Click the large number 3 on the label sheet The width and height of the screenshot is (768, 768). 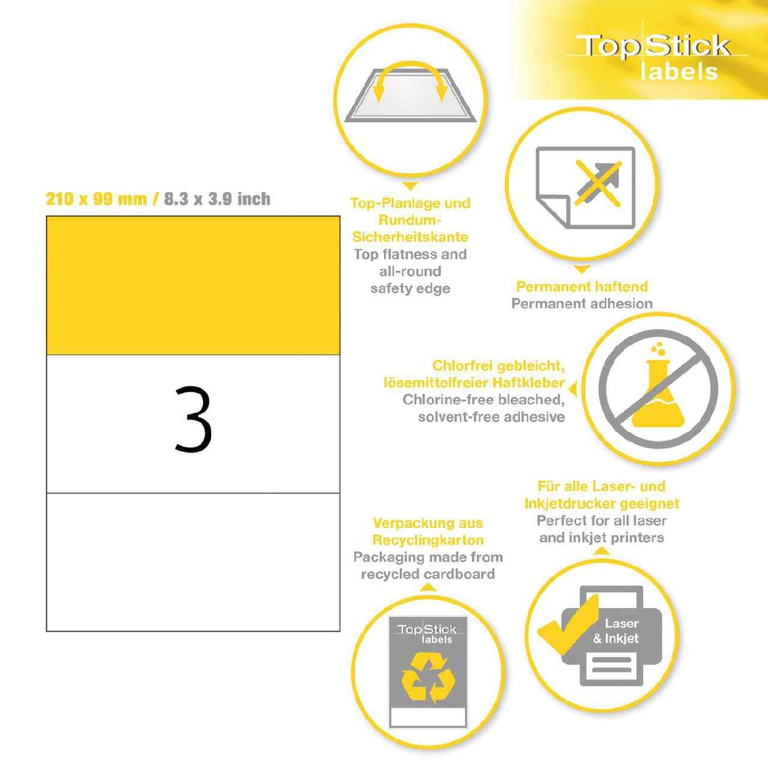[x=193, y=419]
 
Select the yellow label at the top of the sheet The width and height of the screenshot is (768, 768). [x=193, y=285]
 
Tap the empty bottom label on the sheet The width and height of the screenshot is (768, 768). [x=193, y=562]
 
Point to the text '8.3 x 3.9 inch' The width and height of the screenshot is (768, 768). [x=217, y=198]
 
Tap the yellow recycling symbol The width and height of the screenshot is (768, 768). [x=428, y=677]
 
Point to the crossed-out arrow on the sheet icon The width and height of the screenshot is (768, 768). [x=598, y=183]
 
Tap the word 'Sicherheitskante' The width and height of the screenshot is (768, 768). [x=410, y=237]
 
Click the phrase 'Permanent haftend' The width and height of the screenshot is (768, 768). [x=582, y=287]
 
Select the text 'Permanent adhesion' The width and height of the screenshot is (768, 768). [x=582, y=304]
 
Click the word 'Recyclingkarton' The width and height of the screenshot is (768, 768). [x=428, y=540]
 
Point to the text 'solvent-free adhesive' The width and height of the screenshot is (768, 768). [x=491, y=417]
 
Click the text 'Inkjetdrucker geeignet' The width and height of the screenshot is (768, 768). [x=602, y=504]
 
